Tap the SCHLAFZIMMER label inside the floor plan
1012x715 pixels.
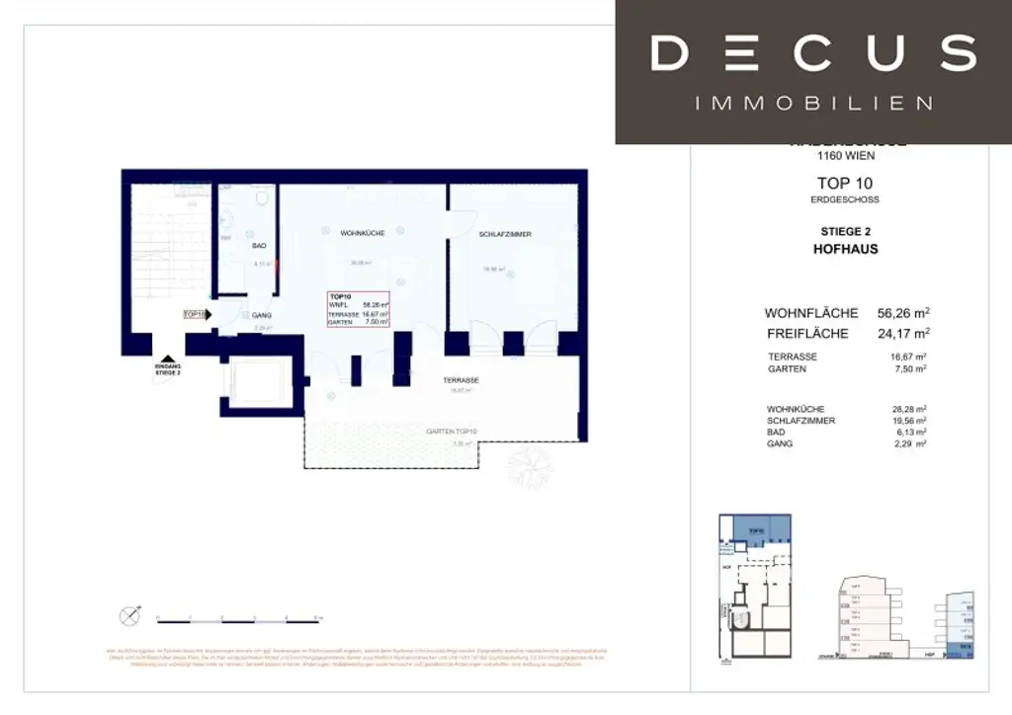(505, 234)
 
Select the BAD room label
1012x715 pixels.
(259, 245)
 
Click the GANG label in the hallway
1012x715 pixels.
(262, 315)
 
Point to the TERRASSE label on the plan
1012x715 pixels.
(461, 380)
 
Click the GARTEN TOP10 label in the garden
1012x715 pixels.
(452, 432)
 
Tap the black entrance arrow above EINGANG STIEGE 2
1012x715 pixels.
(167, 361)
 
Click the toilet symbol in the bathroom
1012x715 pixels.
(260, 199)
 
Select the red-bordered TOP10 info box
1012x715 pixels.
(359, 309)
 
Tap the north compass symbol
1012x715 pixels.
(129, 616)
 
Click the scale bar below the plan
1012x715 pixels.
(238, 620)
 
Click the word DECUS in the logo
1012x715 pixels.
(813, 53)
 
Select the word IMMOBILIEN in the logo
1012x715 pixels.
(813, 103)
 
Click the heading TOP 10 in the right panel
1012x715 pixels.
(845, 183)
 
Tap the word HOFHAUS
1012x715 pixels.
(845, 249)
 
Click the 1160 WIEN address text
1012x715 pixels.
(845, 156)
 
